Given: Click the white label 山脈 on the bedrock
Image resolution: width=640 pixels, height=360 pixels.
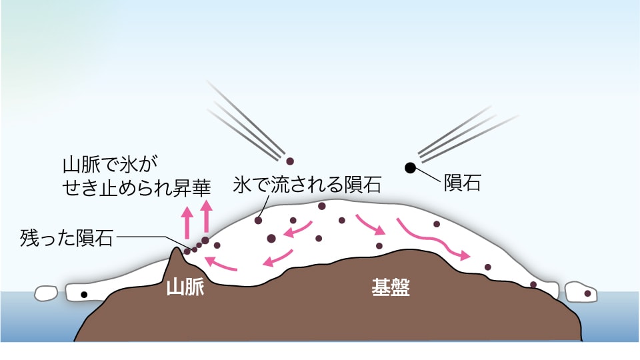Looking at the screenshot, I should [185, 287].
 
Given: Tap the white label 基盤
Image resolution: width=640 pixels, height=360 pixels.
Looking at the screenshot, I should [390, 287].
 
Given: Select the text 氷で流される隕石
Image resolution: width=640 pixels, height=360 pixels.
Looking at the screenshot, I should [307, 185].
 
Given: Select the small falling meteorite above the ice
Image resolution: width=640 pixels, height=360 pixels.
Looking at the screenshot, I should [289, 161].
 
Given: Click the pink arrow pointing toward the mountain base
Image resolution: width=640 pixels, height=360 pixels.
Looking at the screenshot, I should [220, 265].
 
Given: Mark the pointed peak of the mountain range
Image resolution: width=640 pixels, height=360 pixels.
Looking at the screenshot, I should [176, 250].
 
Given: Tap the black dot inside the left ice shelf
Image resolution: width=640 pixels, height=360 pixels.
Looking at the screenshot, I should [84, 294].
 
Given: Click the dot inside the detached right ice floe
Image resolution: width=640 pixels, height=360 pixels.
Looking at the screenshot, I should [587, 293].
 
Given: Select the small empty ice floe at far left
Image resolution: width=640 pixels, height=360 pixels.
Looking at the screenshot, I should [46, 292].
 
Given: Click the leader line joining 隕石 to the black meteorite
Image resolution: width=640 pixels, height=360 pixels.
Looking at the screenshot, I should [430, 175].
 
